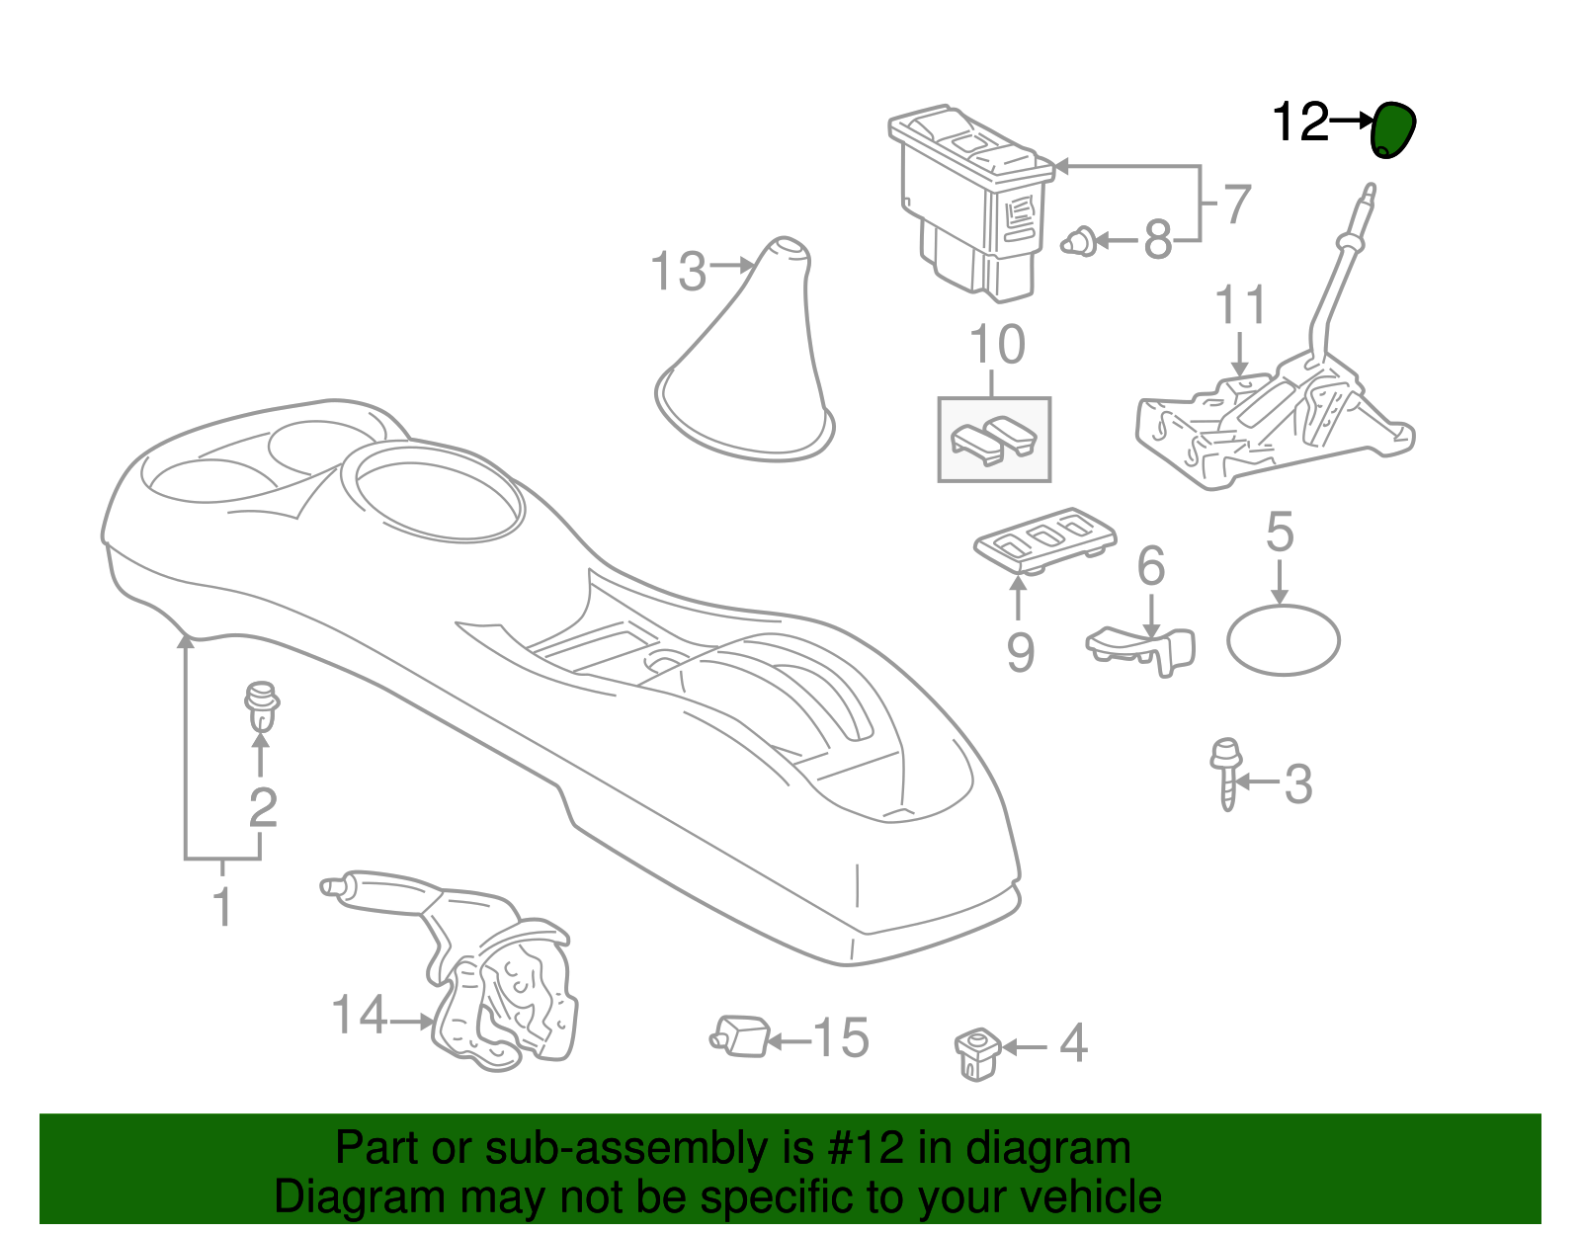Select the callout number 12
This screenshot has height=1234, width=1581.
pyautogui.click(x=1301, y=122)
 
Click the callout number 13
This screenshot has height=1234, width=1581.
pyautogui.click(x=678, y=272)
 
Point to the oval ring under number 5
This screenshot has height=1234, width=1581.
pyautogui.click(x=1283, y=640)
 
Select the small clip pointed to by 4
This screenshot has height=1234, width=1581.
pyautogui.click(x=977, y=1053)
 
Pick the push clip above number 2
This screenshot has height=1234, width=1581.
pyautogui.click(x=261, y=706)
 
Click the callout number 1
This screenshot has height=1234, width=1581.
pyautogui.click(x=223, y=906)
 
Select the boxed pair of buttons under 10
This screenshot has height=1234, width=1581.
pyautogui.click(x=994, y=440)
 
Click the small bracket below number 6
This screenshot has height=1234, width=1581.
pyautogui.click(x=1141, y=649)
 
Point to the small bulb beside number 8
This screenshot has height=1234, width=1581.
pyautogui.click(x=1079, y=241)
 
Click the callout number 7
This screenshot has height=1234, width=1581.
pyautogui.click(x=1237, y=204)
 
